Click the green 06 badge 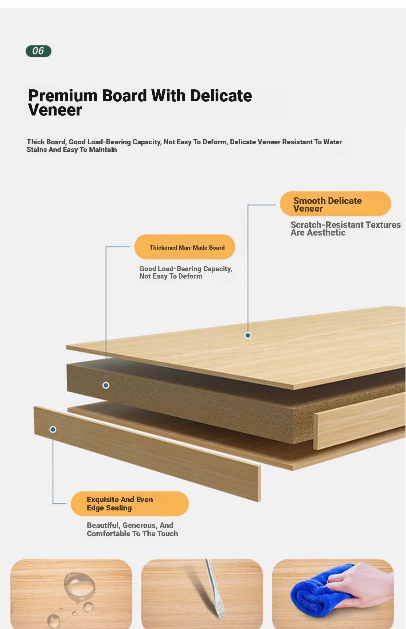click(38, 51)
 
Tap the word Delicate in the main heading click(221, 96)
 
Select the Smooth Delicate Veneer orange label click(335, 204)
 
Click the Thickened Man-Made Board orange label click(185, 247)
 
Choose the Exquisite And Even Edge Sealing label click(130, 504)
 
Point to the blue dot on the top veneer click(248, 335)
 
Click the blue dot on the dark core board click(106, 385)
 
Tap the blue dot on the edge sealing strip click(53, 429)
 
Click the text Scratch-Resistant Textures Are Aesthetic click(345, 229)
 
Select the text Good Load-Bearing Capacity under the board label click(185, 269)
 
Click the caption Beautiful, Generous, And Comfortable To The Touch click(132, 529)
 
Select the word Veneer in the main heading click(55, 110)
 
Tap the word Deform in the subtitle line click(215, 142)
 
